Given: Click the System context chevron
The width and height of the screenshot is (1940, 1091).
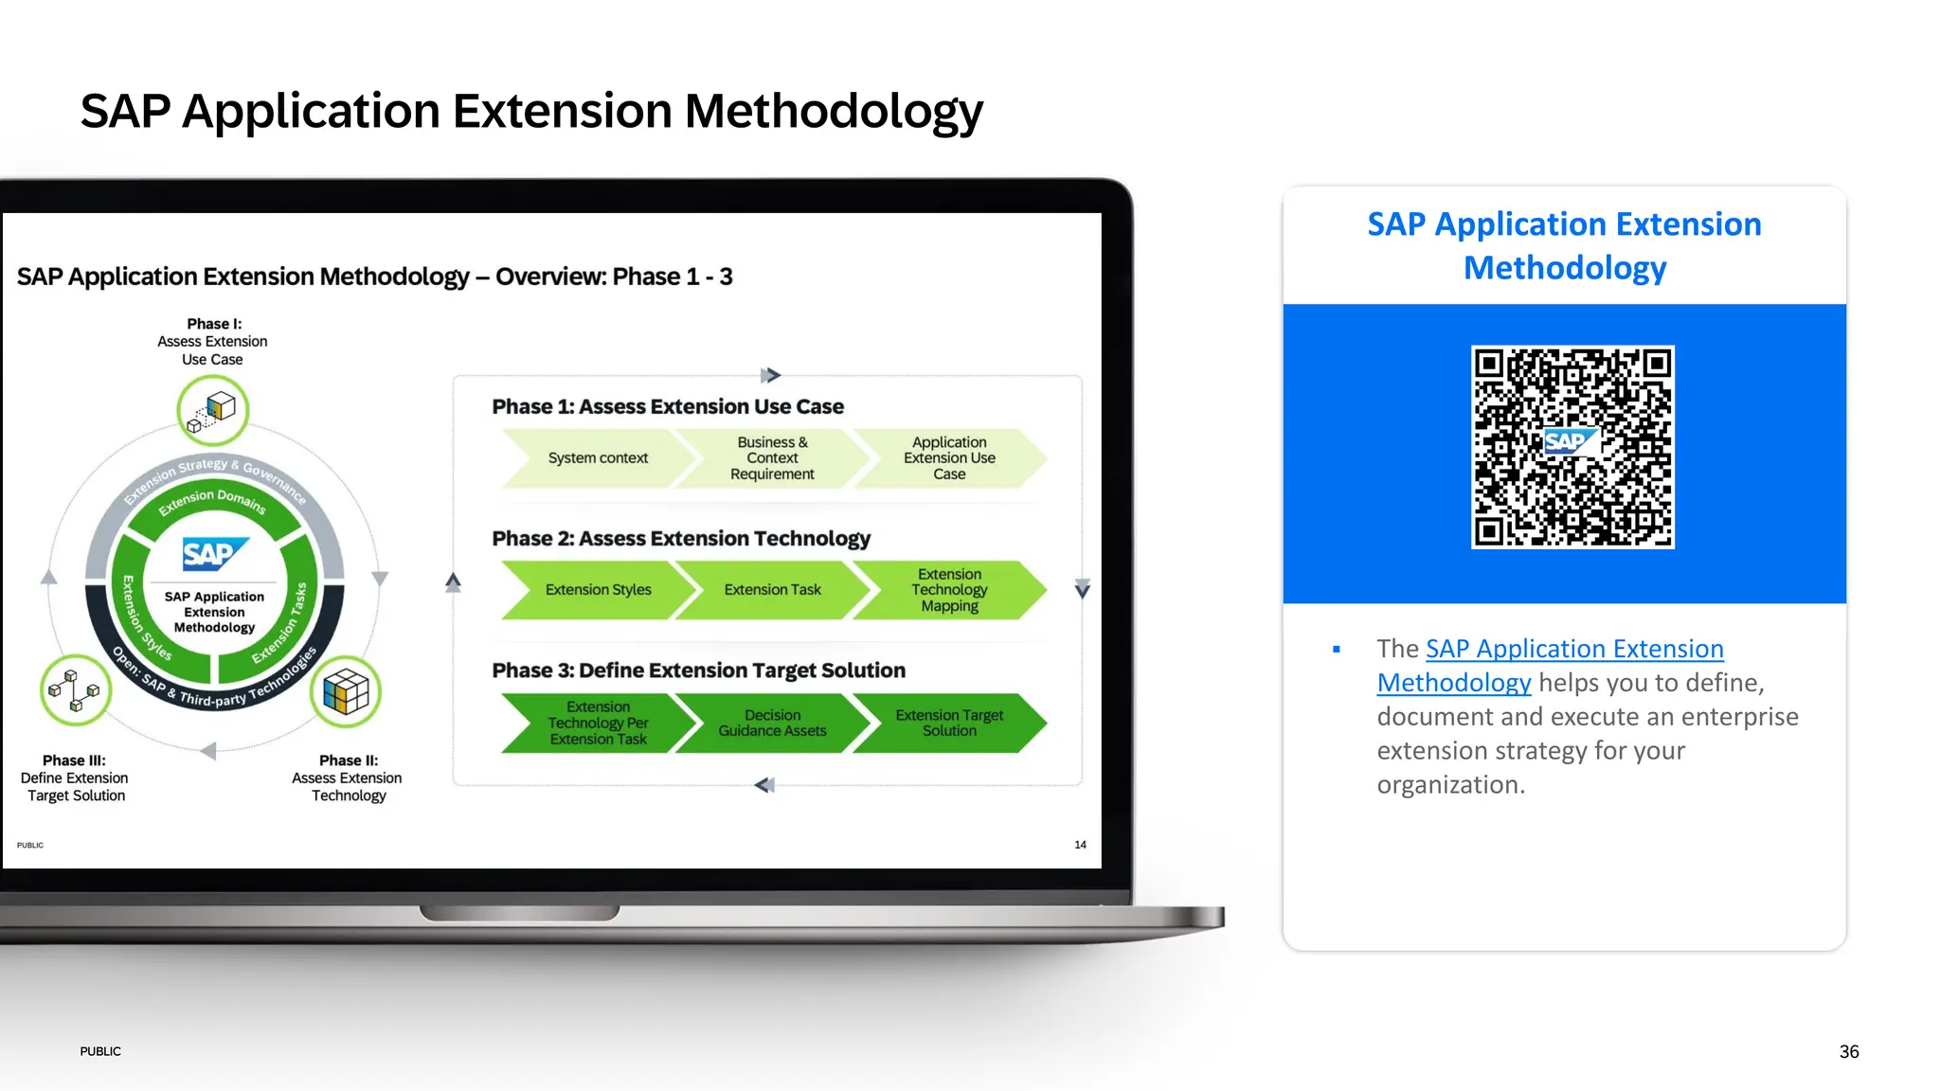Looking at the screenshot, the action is pos(597,458).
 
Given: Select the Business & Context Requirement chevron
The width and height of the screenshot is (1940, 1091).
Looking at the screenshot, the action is pos(772,458).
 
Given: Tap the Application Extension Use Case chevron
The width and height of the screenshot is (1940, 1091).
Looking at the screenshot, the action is pos(949,458).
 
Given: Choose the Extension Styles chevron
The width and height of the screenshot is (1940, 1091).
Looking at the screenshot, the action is pos(598,590).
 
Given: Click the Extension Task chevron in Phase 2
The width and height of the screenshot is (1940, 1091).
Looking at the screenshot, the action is pos(772,590).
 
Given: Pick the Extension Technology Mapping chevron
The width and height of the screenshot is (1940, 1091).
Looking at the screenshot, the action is pos(949,590).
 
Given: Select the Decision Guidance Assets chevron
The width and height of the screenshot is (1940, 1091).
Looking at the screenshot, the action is pos(772,724).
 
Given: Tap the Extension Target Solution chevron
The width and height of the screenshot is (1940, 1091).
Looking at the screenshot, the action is pos(949,724).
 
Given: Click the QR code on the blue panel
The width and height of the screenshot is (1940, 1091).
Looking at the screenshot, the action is pos(1572,447).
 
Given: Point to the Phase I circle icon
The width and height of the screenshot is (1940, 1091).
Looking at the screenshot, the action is pos(213,410).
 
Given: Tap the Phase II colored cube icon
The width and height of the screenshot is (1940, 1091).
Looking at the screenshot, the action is pos(346,691).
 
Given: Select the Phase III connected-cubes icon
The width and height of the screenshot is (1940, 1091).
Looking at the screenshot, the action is pos(75,689).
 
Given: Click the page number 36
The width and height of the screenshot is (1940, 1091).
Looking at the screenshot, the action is pos(1848,1052).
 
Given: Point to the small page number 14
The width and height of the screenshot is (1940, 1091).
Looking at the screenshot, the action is pos(1080,845).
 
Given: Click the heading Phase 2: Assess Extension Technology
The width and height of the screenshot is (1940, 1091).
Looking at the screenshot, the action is pos(680,539).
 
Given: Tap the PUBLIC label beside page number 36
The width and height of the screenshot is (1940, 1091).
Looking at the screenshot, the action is pos(100,1052).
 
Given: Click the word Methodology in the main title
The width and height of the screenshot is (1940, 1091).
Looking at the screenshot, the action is pos(834,112).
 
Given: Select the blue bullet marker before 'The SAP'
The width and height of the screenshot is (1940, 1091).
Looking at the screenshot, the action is pos(1337,650).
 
